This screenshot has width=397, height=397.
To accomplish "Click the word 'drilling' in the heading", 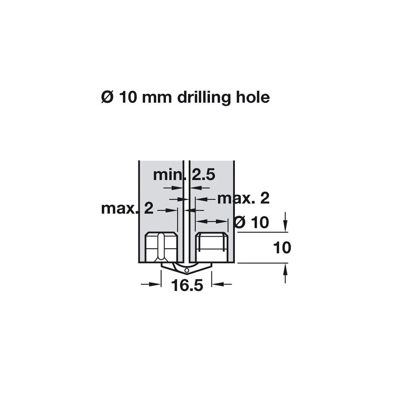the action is point(204,98).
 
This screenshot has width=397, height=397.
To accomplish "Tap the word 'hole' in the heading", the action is point(253,97).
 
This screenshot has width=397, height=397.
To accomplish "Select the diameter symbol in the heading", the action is point(107,97).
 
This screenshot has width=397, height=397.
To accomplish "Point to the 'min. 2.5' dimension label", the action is point(184,175).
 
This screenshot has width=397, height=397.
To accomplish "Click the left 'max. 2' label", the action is point(127,209).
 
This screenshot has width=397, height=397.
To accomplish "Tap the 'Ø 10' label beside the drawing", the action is point(251,222).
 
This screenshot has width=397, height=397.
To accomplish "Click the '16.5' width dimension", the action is point(187,285).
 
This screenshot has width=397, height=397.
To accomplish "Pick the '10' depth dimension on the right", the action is point(282,248).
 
